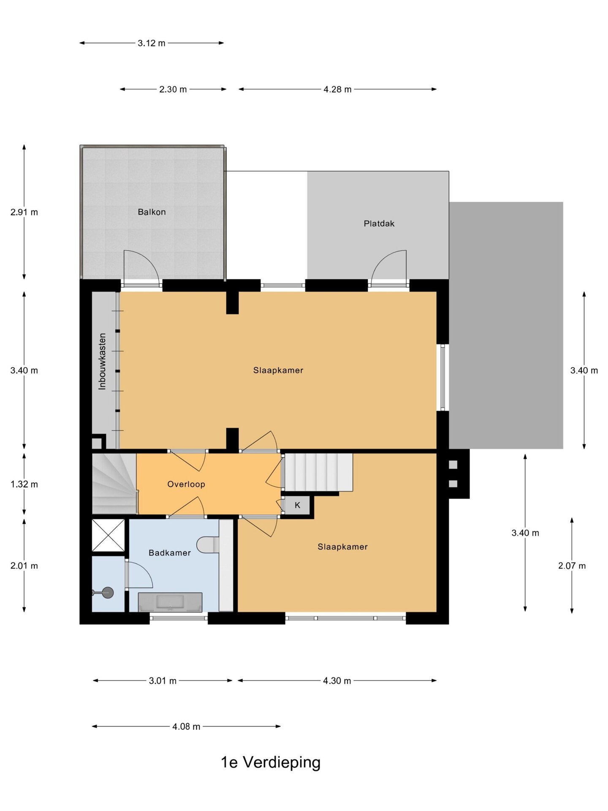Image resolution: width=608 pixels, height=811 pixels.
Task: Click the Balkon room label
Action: [152, 212]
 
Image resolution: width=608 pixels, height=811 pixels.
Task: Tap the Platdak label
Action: [379, 223]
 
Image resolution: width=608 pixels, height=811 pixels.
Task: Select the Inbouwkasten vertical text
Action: [102, 362]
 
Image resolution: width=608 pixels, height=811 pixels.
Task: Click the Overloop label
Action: [186, 484]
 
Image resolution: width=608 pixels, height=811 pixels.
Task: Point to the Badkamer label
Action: [170, 552]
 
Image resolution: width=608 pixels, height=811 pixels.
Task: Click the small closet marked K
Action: [297, 505]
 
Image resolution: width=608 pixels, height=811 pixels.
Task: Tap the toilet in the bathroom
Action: [208, 544]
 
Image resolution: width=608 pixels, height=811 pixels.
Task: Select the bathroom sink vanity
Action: [170, 602]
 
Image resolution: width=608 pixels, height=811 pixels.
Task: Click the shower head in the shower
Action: [108, 593]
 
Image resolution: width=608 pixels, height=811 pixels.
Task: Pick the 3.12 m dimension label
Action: [152, 43]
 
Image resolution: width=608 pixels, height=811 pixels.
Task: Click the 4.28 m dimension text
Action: [337, 90]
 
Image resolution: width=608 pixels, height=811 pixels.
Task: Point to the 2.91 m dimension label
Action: [24, 212]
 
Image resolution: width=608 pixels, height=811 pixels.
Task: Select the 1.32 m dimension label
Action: [24, 484]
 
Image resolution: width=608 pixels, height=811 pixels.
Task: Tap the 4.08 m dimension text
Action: [186, 727]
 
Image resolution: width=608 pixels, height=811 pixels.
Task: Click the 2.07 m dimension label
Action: [572, 566]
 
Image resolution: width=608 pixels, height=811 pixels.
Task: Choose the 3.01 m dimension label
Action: [163, 681]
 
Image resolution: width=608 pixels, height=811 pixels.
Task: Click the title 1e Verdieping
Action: [271, 762]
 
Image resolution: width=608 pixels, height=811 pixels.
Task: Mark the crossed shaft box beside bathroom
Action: [109, 535]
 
